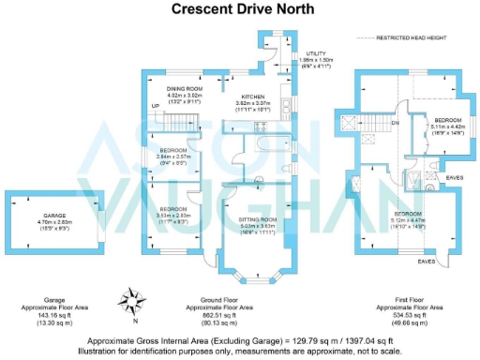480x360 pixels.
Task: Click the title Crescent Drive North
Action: coord(240,8)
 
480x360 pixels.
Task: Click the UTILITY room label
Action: coord(316,54)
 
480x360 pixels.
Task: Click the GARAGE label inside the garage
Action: coord(41,215)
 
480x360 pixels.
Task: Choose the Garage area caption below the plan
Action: coord(41,311)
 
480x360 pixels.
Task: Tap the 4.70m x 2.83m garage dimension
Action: coord(41,221)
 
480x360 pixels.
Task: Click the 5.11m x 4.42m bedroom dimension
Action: coord(446,127)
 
